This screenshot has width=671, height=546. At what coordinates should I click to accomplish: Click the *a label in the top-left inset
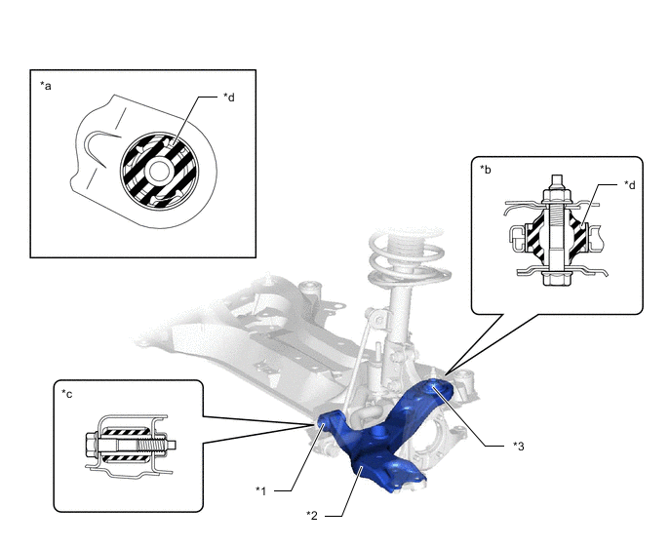click(x=46, y=86)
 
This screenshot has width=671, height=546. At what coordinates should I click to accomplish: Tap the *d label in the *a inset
click(x=229, y=97)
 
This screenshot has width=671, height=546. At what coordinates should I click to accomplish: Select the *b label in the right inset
click(x=486, y=170)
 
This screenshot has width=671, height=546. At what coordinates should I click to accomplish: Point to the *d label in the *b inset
click(x=629, y=185)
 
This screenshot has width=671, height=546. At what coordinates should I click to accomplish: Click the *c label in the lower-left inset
click(x=66, y=394)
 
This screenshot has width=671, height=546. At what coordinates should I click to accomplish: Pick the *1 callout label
click(x=260, y=490)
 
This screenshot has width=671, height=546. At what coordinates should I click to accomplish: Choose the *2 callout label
click(x=312, y=516)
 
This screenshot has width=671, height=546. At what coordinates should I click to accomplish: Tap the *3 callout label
click(x=518, y=447)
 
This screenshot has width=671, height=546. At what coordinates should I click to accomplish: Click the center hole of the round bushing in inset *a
click(x=159, y=171)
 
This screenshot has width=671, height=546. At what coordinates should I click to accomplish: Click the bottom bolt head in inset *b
click(x=556, y=279)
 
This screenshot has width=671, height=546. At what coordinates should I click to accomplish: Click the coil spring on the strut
click(x=408, y=256)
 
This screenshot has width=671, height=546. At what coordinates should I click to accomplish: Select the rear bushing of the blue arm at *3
click(x=435, y=387)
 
